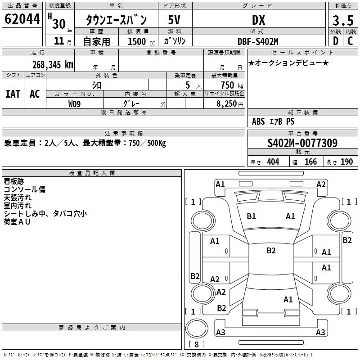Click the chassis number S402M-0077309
tap(302, 143)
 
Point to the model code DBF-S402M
tap(258, 41)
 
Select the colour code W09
tap(75, 103)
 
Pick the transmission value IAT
tap(13, 94)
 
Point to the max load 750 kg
tap(230, 85)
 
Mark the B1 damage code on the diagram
tap(251, 216)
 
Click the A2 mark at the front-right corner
tap(321, 184)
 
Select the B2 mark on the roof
tap(271, 251)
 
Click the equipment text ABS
tap(258, 121)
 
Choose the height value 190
tap(346, 162)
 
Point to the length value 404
tap(273, 162)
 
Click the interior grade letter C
tap(350, 41)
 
